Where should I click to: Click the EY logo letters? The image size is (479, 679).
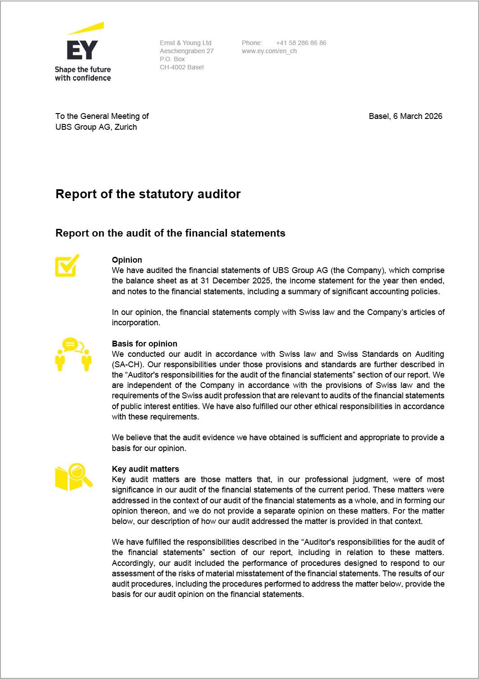(82, 50)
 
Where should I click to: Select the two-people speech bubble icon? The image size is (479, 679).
(73, 354)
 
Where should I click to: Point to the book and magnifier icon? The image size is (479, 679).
(73, 477)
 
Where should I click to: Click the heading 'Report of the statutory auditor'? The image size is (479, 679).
(148, 194)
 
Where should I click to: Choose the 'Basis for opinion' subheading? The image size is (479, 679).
(145, 344)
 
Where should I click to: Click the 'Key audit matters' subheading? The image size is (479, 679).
(145, 469)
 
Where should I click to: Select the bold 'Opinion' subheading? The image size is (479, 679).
(127, 260)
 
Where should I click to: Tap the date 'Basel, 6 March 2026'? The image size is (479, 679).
(405, 116)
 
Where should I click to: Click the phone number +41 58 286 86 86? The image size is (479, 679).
(301, 43)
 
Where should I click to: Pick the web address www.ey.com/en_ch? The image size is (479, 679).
(269, 51)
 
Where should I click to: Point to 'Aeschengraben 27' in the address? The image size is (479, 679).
(187, 51)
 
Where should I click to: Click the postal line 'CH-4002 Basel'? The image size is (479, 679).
(181, 67)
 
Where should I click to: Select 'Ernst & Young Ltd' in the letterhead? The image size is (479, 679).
(185, 43)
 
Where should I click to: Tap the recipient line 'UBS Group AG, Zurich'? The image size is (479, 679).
(96, 127)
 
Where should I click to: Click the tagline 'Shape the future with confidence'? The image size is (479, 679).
(83, 74)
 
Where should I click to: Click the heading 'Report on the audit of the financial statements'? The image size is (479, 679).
(170, 233)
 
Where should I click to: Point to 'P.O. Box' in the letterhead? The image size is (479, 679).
(172, 59)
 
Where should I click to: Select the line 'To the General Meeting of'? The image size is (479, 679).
(102, 116)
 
